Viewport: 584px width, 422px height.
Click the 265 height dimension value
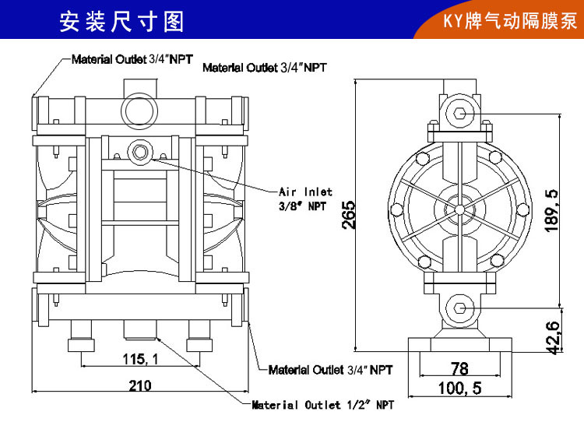tap(349, 215)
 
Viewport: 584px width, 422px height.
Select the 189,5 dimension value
tap(551, 210)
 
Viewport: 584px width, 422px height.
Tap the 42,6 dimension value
tap(553, 337)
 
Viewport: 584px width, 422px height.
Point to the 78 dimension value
tap(459, 368)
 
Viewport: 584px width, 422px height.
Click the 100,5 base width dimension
tap(459, 388)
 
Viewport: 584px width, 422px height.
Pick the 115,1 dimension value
tap(140, 359)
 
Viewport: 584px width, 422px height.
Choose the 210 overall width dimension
tap(140, 385)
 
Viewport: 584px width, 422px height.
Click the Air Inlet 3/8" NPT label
tap(305, 199)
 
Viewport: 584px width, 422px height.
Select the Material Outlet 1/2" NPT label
tap(322, 405)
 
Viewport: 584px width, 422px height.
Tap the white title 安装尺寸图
tap(121, 21)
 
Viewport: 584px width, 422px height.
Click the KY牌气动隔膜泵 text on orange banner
tap(510, 20)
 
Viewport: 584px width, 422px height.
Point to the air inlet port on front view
tap(140, 152)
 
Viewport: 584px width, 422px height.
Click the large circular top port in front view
tap(139, 111)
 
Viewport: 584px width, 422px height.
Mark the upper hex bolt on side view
tap(459, 113)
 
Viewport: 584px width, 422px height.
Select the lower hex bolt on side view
tap(460, 308)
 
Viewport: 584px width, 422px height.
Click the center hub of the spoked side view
tap(459, 209)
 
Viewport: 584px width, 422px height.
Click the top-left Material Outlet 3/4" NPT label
tap(132, 59)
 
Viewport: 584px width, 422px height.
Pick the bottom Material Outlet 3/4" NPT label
tap(330, 370)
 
